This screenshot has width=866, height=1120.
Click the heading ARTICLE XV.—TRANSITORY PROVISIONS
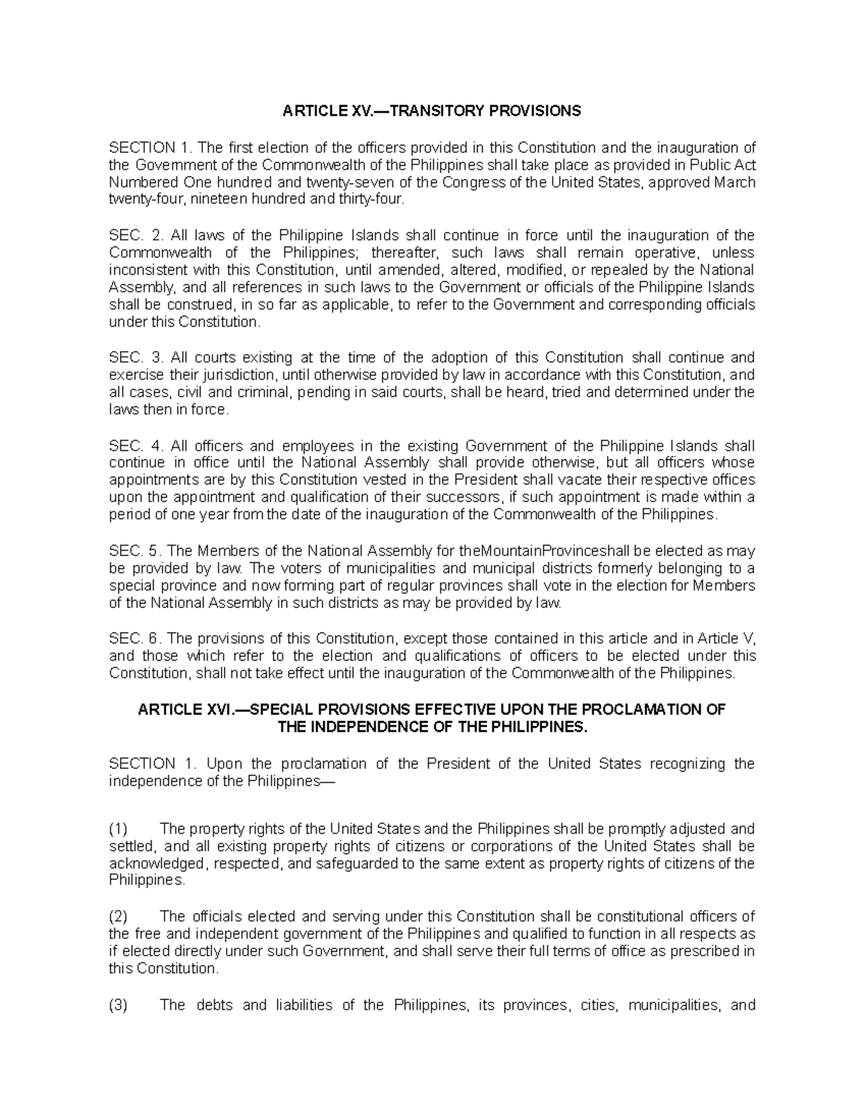click(x=432, y=111)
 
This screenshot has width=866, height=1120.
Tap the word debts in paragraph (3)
click(x=215, y=1005)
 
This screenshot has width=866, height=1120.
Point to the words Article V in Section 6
click(x=730, y=638)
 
